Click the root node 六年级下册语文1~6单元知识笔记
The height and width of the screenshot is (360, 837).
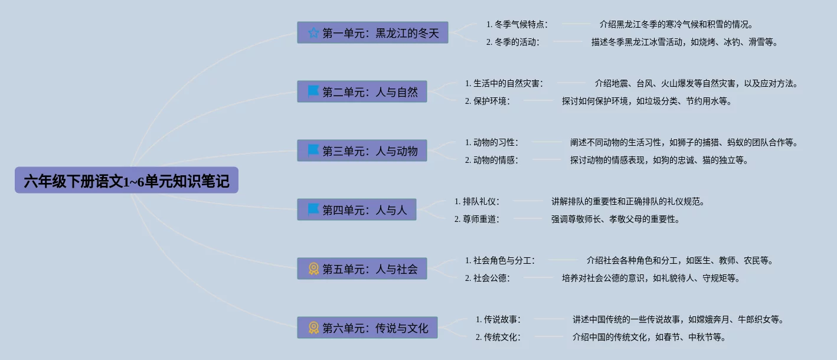coord(126,181)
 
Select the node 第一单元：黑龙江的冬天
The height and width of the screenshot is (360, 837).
coord(372,33)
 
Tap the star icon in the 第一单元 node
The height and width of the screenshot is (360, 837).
coord(313,33)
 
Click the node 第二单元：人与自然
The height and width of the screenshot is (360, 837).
coord(362,92)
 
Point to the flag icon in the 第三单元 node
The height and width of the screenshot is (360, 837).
coord(313,150)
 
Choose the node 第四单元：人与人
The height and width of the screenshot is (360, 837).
coord(357,210)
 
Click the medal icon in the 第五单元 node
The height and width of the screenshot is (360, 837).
coord(313,269)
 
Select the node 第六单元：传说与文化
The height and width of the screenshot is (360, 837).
coord(367,328)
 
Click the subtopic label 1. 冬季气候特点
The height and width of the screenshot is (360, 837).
coord(517,24)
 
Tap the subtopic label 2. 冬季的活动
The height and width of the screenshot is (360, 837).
coord(512,42)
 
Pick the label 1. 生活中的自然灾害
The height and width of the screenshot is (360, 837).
coord(503,83)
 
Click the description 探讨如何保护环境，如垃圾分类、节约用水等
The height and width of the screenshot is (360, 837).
coord(647,101)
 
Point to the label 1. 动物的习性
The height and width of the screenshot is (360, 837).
coord(491,142)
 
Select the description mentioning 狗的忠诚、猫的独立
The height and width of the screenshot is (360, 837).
coord(659,160)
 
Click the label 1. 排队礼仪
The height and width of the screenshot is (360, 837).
coord(477,201)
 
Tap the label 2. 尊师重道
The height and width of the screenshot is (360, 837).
coord(477,219)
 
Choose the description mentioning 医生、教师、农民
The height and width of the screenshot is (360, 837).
coord(679,260)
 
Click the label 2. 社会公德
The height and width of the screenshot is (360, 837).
coord(487,278)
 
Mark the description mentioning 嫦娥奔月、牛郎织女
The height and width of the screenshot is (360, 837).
coord(678,319)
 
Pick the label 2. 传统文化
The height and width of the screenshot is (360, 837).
coord(498,337)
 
